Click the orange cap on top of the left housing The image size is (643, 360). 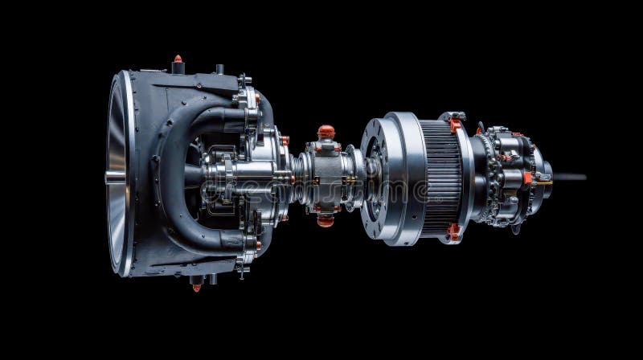(x=178, y=59)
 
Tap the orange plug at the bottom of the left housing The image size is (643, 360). (x=196, y=285)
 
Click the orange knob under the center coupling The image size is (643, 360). (x=326, y=219)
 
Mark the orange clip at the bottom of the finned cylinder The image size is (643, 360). (x=455, y=232)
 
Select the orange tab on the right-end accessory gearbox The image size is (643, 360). (x=526, y=178)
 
